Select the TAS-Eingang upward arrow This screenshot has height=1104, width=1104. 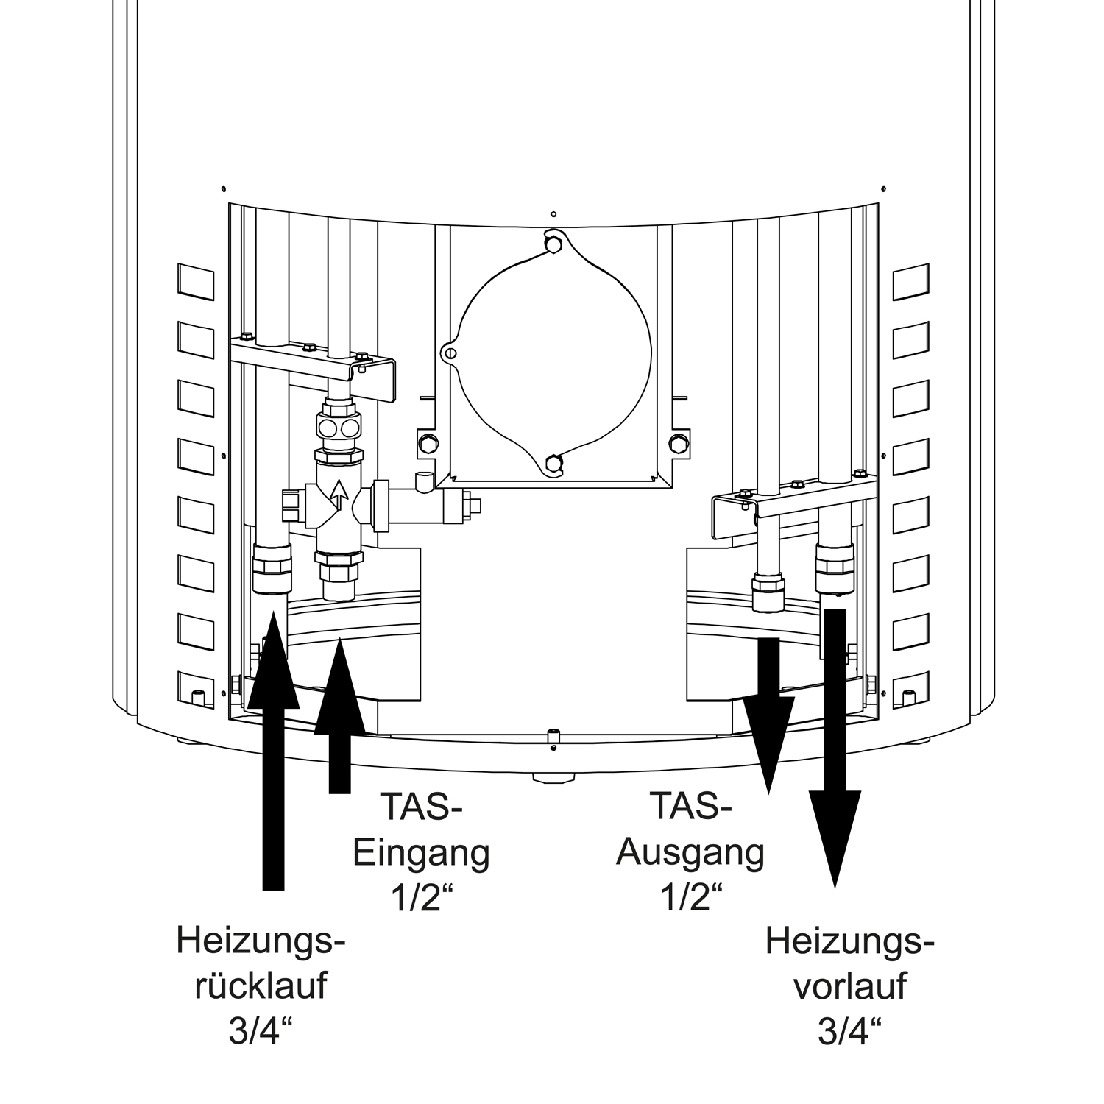(339, 715)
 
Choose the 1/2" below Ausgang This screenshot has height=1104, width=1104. (690, 899)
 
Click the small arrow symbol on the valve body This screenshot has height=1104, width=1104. (339, 495)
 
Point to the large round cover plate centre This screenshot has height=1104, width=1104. (554, 354)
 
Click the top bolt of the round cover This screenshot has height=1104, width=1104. (553, 242)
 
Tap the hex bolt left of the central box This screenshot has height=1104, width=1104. (426, 443)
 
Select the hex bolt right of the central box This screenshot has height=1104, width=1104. (677, 443)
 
